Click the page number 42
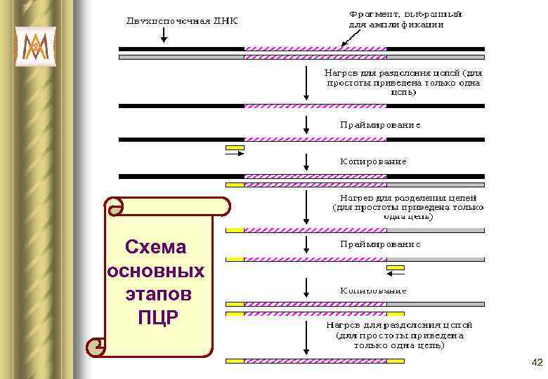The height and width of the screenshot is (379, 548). click(x=537, y=363)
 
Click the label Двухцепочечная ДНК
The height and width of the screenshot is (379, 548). click(x=182, y=20)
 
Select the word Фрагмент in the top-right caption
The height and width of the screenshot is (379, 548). click(x=372, y=13)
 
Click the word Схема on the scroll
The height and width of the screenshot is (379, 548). click(x=155, y=247)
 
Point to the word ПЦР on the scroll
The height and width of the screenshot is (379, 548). click(x=158, y=317)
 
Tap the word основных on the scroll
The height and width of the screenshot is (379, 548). click(x=155, y=270)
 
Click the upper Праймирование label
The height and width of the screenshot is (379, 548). click(x=380, y=125)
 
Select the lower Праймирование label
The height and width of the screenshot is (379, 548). click(x=380, y=244)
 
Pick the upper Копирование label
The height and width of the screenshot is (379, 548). click(x=373, y=161)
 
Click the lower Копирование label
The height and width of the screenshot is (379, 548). click(x=373, y=289)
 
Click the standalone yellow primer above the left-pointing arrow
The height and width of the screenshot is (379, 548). click(x=396, y=267)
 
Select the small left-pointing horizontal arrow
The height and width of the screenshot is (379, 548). click(x=396, y=275)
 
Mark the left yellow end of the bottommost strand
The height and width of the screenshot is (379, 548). click(x=235, y=361)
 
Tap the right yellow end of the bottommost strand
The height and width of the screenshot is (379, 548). click(x=396, y=361)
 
